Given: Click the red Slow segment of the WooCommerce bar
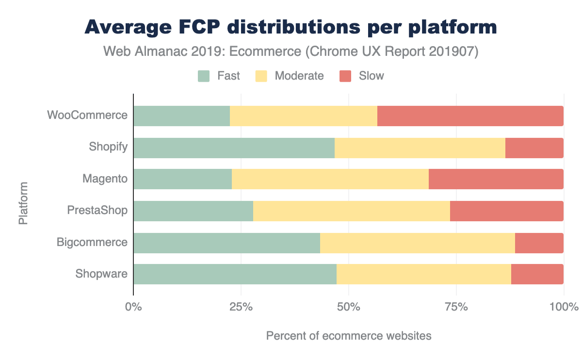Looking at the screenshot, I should click(x=470, y=116).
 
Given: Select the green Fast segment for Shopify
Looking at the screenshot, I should click(x=234, y=147).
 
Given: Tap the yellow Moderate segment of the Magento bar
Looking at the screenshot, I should click(x=330, y=179).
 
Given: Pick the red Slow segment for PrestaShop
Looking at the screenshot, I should click(x=506, y=211).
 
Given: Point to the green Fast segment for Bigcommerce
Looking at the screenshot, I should click(x=226, y=243).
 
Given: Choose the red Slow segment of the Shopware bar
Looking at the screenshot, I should click(x=537, y=274).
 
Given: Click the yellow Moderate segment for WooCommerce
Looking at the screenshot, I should click(x=303, y=116).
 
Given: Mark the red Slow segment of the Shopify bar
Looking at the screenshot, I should click(x=534, y=147).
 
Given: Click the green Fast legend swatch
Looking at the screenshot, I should click(x=204, y=76).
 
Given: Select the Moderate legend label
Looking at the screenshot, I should click(x=299, y=76).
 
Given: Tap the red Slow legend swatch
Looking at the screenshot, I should click(x=345, y=76).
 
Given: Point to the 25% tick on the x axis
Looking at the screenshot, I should click(x=241, y=307).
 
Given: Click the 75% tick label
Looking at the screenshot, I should click(x=456, y=307).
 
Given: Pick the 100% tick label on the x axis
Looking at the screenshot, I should click(x=564, y=307).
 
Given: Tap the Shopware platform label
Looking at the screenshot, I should click(x=101, y=274).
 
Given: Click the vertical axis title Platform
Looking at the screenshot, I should click(x=23, y=203).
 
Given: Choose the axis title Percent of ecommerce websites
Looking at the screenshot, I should click(x=348, y=336).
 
